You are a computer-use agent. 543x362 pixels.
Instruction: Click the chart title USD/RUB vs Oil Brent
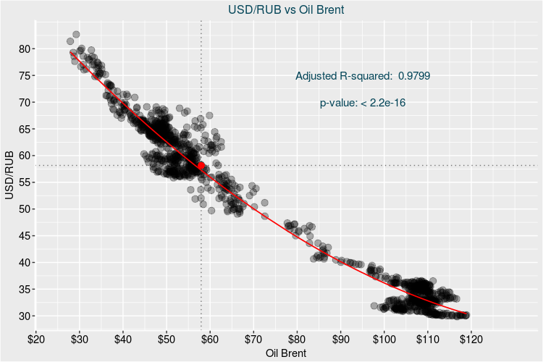click(271, 9)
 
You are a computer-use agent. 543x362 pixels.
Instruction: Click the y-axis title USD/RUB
click(9, 176)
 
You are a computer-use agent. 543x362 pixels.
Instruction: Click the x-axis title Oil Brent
click(286, 353)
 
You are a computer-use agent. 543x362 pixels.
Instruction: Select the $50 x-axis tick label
click(167, 339)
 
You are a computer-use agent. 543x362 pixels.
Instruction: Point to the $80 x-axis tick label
click(297, 339)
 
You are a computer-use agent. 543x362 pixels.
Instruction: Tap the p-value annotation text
click(362, 103)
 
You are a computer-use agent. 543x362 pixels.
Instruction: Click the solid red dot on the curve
click(201, 165)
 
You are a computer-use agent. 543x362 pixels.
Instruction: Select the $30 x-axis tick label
click(80, 339)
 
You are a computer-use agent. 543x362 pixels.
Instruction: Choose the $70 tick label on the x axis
click(253, 339)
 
